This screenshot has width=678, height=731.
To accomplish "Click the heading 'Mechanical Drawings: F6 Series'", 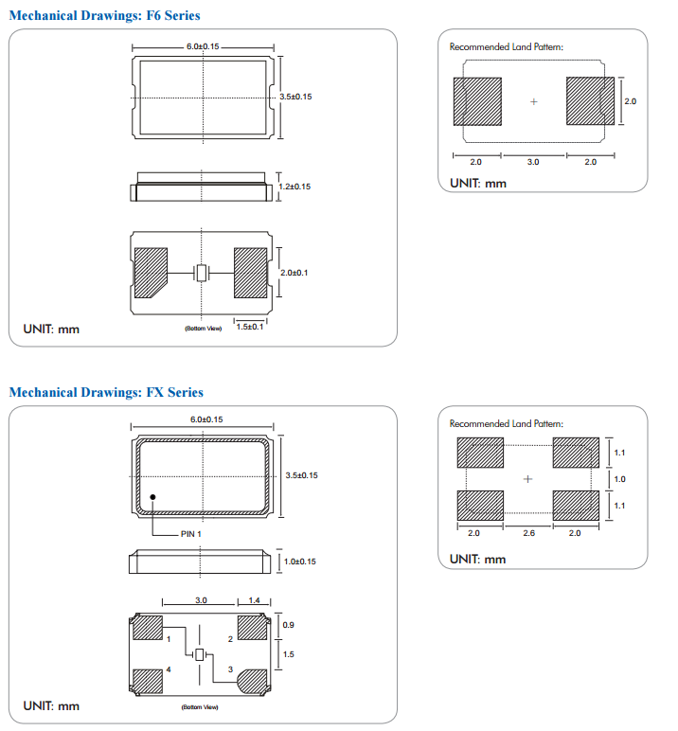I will [x=104, y=16].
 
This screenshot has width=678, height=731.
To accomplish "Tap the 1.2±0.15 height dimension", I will [x=294, y=187].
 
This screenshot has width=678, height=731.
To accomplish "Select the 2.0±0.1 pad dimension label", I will [x=295, y=273].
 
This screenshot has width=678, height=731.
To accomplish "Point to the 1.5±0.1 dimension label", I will [x=250, y=327].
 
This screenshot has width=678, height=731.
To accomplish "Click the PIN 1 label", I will [x=191, y=534].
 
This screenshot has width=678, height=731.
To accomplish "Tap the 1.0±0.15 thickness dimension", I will [x=300, y=562].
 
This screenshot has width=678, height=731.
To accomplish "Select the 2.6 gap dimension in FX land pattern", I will [x=528, y=533].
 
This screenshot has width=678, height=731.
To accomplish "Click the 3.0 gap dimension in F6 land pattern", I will [x=533, y=163].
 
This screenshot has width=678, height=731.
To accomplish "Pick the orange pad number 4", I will [x=169, y=669].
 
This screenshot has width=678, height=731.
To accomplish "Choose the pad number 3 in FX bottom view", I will [x=231, y=669].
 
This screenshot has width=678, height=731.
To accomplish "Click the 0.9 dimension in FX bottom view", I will [x=289, y=626].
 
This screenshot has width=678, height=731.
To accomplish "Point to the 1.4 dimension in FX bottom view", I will [x=254, y=601].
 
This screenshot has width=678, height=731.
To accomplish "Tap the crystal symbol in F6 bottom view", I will [x=202, y=274].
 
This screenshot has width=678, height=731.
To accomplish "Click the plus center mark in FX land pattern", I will [x=528, y=479].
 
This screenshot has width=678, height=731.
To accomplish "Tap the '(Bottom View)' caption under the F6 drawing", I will [x=203, y=329].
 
